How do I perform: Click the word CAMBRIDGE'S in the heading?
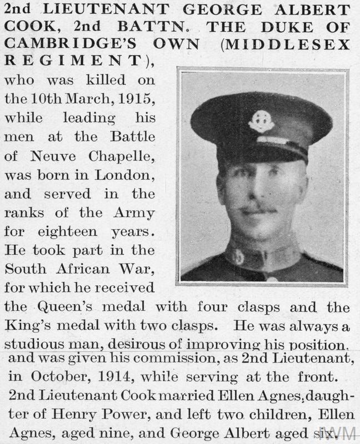pos(61,46)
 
